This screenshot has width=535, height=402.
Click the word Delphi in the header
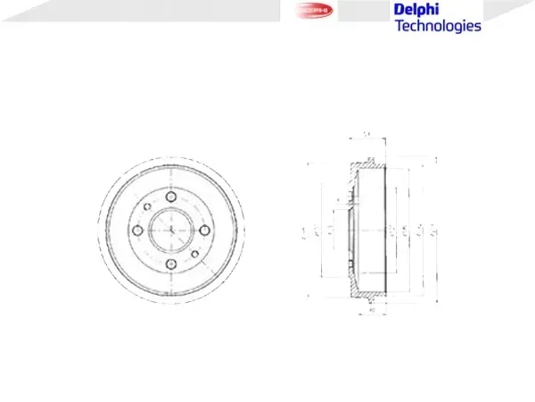[416, 10]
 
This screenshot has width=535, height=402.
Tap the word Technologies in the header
[437, 26]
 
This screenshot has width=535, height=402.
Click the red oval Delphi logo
[312, 11]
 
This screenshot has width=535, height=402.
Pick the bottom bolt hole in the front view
[170, 263]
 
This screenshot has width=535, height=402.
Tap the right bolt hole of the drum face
[202, 230]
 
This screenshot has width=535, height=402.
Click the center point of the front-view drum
[170, 230]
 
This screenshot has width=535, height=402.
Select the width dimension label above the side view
[366, 135]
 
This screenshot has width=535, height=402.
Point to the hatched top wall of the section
[366, 165]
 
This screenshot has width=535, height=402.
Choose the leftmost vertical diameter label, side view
[304, 232]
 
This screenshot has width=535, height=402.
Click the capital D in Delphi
[399, 10]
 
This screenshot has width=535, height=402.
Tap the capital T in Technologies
[399, 26]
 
